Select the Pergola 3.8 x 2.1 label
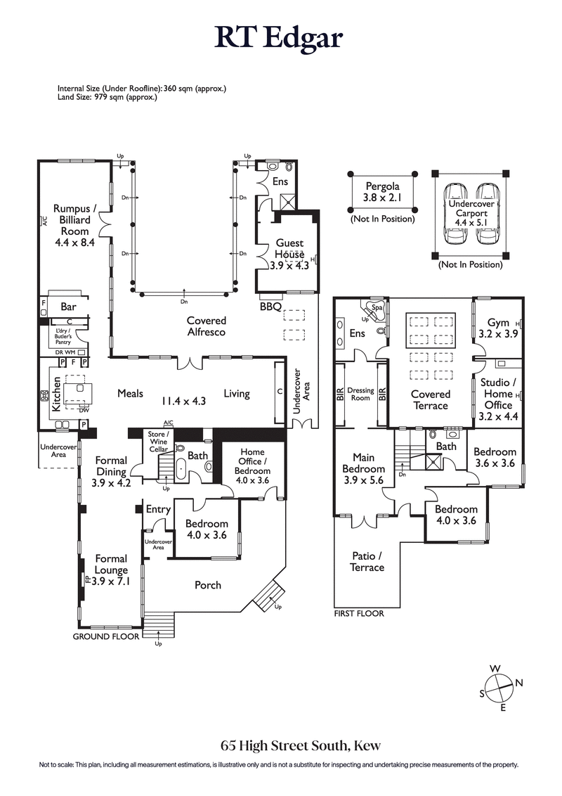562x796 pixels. click(382, 192)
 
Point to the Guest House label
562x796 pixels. click(289, 254)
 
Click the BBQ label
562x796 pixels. click(270, 307)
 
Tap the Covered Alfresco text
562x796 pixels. click(206, 326)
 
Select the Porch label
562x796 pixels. click(207, 585)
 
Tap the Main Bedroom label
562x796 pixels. click(363, 469)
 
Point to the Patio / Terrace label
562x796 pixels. click(367, 561)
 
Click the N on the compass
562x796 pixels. click(519, 681)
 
